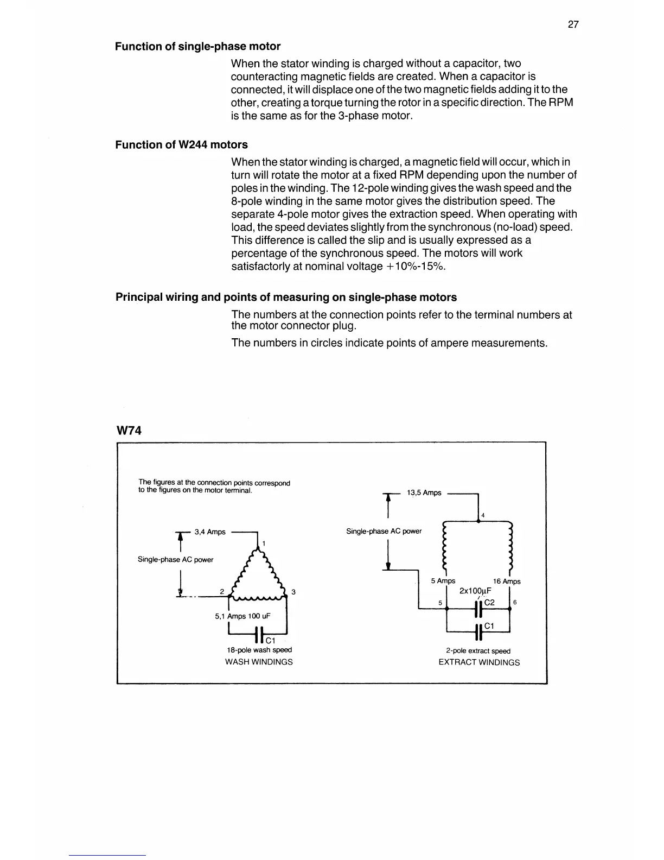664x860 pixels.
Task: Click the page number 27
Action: click(573, 24)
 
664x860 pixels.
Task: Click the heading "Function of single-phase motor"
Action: click(197, 47)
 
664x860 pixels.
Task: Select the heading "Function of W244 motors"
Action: click(181, 145)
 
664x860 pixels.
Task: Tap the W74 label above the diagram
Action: click(129, 431)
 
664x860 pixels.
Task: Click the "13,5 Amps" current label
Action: click(424, 493)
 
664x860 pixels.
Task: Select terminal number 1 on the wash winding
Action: click(264, 543)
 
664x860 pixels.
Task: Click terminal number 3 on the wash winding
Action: click(293, 592)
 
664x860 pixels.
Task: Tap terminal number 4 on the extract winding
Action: click(483, 515)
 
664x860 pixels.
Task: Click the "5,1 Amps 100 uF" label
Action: click(242, 616)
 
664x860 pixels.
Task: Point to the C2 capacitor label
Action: click(489, 603)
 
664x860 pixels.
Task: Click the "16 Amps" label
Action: click(507, 581)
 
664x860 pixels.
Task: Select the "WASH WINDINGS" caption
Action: click(259, 662)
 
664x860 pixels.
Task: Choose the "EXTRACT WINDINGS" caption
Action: click(479, 662)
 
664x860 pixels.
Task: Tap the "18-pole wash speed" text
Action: click(259, 650)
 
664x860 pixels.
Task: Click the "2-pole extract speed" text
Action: click(478, 651)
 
